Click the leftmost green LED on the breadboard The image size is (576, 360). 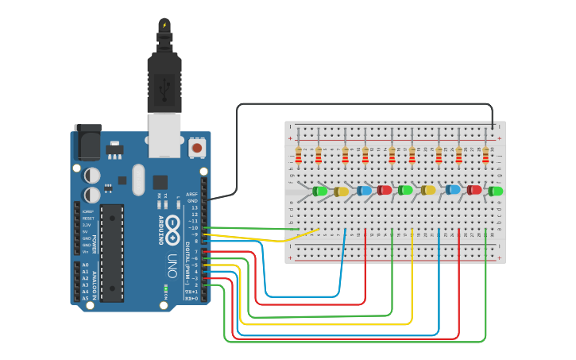coord(320,192)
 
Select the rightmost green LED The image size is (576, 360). coord(496,192)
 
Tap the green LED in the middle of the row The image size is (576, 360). coord(406,190)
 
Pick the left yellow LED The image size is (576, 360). coord(342,192)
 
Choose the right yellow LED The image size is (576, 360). coord(429,190)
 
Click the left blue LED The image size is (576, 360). coord(365,191)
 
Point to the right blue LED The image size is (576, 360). coord(453,190)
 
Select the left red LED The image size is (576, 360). coord(385,190)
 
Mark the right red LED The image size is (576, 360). coord(474,190)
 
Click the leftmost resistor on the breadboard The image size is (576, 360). coord(299,154)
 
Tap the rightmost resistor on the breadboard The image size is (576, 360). coord(485,154)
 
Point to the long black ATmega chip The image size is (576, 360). coord(112,253)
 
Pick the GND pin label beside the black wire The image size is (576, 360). coord(191,201)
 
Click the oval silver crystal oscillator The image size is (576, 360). coord(139,180)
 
